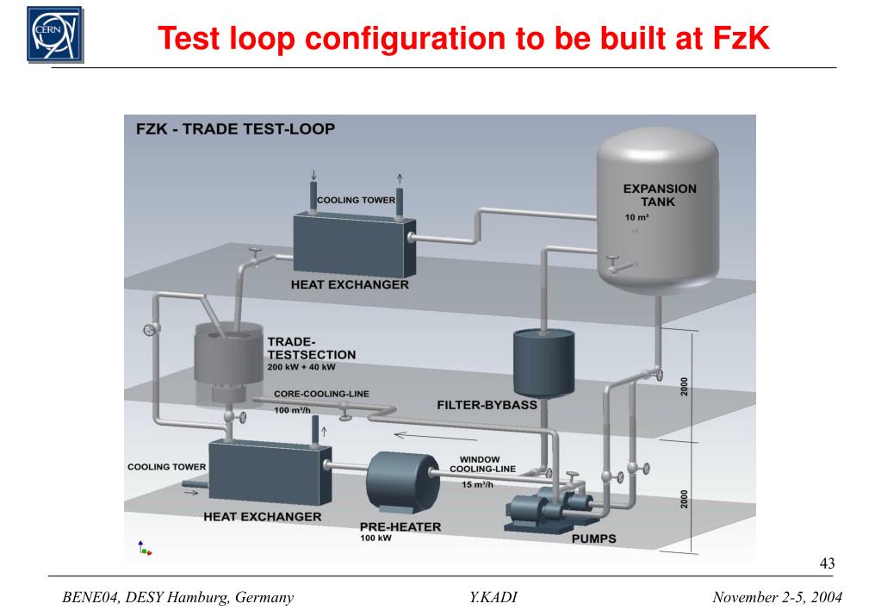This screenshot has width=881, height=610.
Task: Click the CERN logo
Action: [x=55, y=34]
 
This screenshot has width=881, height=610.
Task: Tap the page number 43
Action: [x=827, y=563]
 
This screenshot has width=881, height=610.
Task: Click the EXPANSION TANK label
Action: [x=660, y=195]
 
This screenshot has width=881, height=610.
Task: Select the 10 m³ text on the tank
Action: [x=636, y=217]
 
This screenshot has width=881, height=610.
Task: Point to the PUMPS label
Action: [x=594, y=539]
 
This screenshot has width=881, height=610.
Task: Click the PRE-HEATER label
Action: [x=400, y=526]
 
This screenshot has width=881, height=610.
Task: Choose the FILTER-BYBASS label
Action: [x=487, y=404]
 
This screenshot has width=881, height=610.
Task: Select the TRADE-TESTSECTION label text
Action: [x=299, y=347]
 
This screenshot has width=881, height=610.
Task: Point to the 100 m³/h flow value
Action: [x=293, y=410]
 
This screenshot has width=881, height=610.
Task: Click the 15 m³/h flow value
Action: [x=478, y=484]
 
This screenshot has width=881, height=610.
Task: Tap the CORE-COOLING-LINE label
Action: [x=321, y=394]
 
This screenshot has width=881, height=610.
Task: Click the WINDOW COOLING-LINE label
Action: [x=481, y=464]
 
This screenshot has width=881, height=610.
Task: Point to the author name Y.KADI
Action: [x=493, y=597]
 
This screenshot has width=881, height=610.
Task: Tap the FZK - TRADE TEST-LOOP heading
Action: [x=235, y=130]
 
